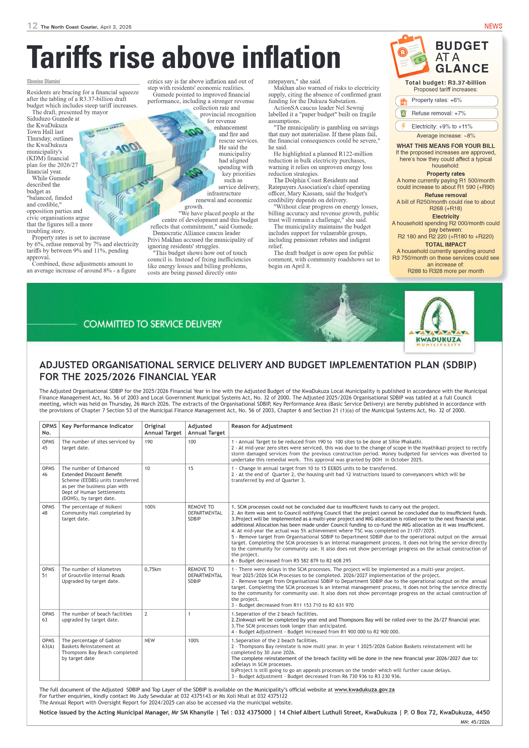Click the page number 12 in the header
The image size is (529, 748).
pos(32,26)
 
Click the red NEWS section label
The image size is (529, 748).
pos(493,26)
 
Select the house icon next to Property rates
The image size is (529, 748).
pos(403,101)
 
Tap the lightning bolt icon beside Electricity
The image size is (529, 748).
pos(403,126)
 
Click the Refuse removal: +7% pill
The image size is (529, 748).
pos(446,113)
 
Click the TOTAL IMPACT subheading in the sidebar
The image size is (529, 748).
pos(445,245)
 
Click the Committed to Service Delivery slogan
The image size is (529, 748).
pos(152,324)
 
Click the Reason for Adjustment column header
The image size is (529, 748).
pos(261,426)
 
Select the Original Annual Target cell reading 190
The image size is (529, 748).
pos(149,442)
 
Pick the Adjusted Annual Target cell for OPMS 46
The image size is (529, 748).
pos(191,469)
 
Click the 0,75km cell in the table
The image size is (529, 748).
pos(153,569)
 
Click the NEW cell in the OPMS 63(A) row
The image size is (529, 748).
pos(150,641)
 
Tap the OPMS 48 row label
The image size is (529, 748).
pos(48,510)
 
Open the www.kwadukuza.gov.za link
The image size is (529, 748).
pos(364,690)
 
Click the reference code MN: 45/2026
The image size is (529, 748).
pos(475,722)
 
